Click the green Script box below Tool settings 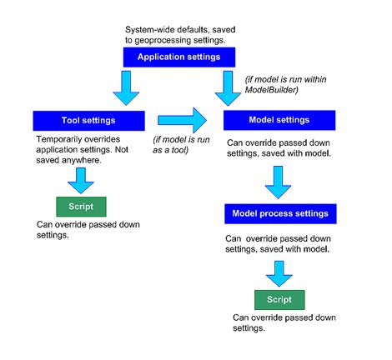76,206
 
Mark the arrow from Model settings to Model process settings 276,182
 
